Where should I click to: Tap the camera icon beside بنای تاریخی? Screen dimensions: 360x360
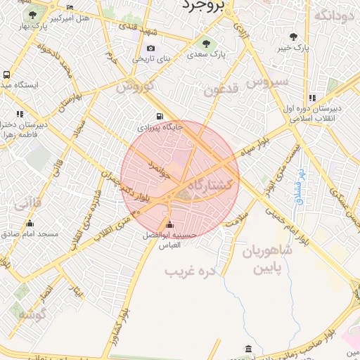click(x=150, y=48)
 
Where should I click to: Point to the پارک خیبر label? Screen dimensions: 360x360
click(x=292, y=48)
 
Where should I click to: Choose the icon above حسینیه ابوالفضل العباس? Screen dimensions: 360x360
click(x=168, y=225)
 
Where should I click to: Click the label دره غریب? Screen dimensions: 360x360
click(x=188, y=270)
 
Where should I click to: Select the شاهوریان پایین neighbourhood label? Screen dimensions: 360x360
click(x=266, y=259)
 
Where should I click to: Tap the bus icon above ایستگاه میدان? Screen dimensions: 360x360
click(x=6, y=74)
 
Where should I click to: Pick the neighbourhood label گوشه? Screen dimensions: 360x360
click(x=32, y=314)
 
